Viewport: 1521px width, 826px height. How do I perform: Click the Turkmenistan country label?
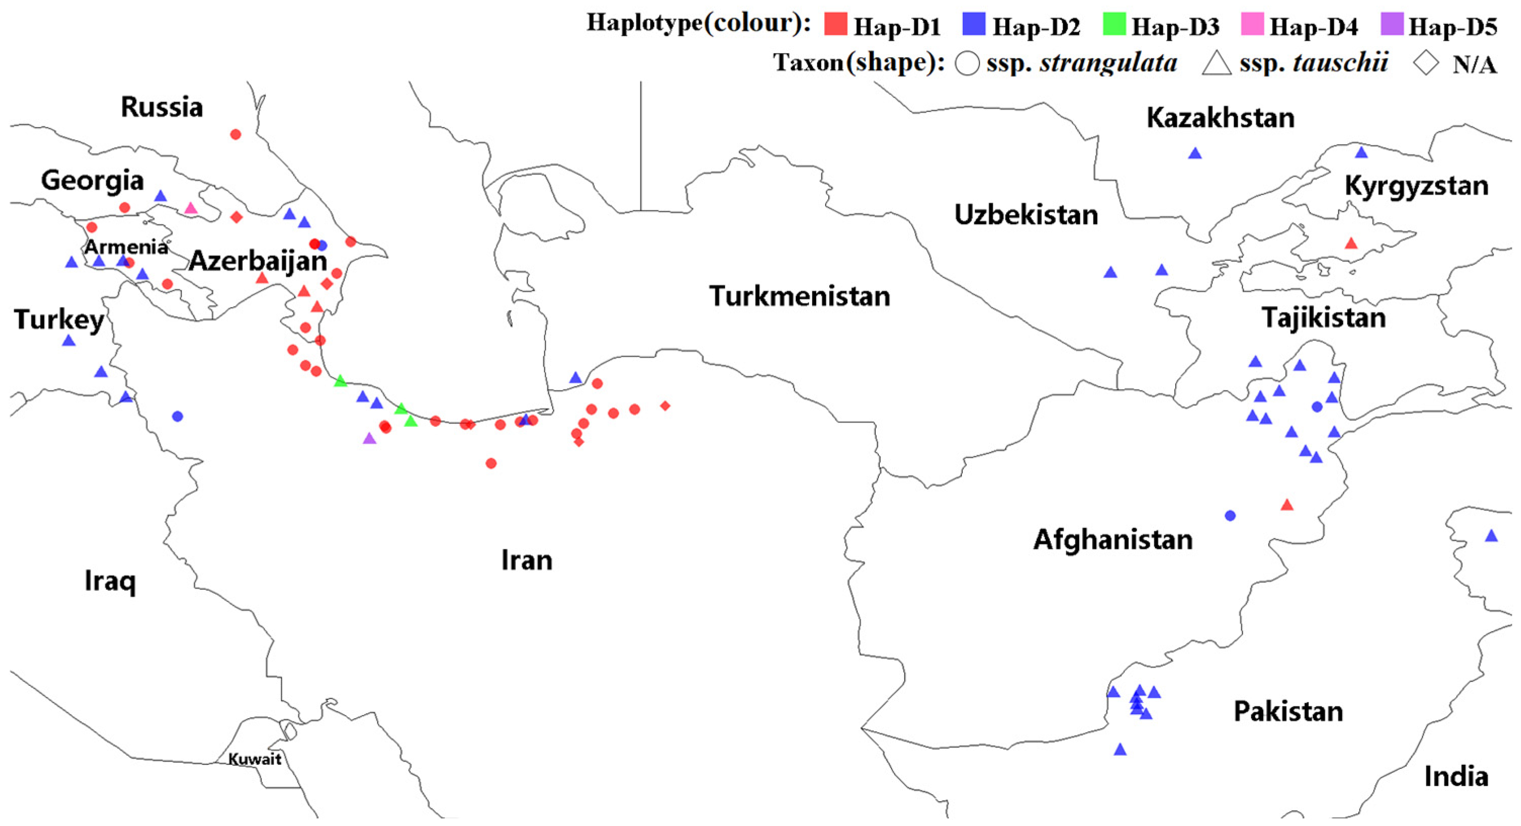(799, 296)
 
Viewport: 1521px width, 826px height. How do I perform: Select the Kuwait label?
(254, 759)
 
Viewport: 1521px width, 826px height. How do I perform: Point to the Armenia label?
(126, 247)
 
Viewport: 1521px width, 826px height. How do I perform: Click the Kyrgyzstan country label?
(1416, 186)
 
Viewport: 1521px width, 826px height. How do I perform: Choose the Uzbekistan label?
(1026, 214)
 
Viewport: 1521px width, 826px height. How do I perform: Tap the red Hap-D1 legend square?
(835, 25)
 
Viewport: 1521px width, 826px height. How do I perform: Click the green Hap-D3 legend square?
(1113, 25)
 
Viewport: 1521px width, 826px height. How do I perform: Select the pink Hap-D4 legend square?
(1252, 25)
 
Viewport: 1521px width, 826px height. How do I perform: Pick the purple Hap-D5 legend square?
(1392, 25)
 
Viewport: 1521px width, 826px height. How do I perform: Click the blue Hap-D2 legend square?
(974, 25)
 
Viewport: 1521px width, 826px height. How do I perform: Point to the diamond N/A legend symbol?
(1426, 63)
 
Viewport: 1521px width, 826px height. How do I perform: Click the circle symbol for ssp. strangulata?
(967, 63)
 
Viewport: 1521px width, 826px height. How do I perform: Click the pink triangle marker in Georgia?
(190, 208)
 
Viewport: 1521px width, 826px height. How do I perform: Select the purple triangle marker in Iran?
(369, 439)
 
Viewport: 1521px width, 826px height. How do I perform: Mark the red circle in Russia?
(236, 135)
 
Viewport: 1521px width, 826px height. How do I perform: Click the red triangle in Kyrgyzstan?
(1351, 243)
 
